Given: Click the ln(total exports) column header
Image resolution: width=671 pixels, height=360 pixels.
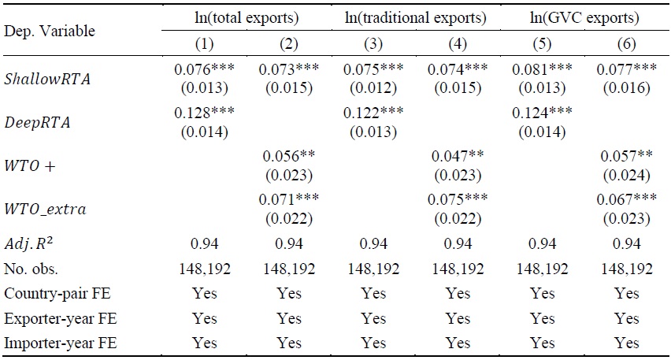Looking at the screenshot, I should tap(247, 17).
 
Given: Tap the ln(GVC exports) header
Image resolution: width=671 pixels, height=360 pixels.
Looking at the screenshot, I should tap(585, 17).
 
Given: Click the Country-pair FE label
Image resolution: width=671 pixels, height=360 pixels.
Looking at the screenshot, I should tap(52, 292).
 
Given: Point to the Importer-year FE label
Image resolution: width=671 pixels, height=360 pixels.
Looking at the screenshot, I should tap(54, 343).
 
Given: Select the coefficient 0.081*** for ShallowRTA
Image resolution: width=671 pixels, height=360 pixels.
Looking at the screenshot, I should tap(543, 70).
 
